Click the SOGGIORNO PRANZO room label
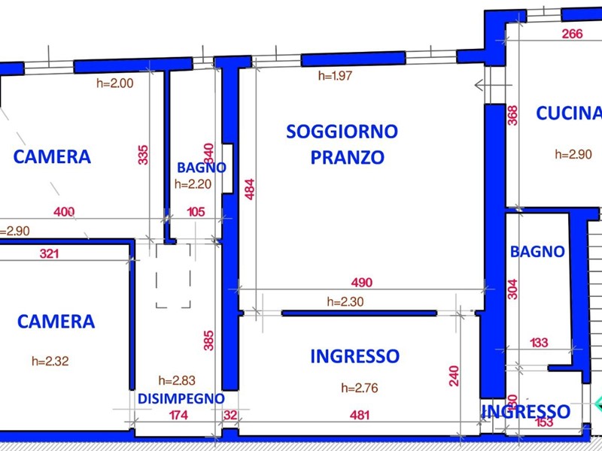click(x=342, y=144)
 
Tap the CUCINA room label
click(x=569, y=114)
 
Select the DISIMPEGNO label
click(x=181, y=398)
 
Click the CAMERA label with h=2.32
click(x=56, y=322)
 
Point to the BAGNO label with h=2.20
click(x=202, y=167)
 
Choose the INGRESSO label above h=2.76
click(x=354, y=356)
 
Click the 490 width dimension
click(x=362, y=283)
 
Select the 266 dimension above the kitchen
click(x=572, y=33)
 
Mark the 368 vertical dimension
click(x=512, y=114)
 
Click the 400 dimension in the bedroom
click(x=65, y=213)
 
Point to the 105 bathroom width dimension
click(x=196, y=213)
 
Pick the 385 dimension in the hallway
click(x=209, y=341)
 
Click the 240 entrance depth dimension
click(x=454, y=376)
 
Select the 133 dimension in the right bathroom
click(x=539, y=343)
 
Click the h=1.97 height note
click(x=336, y=75)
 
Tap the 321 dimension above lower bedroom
click(x=49, y=254)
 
